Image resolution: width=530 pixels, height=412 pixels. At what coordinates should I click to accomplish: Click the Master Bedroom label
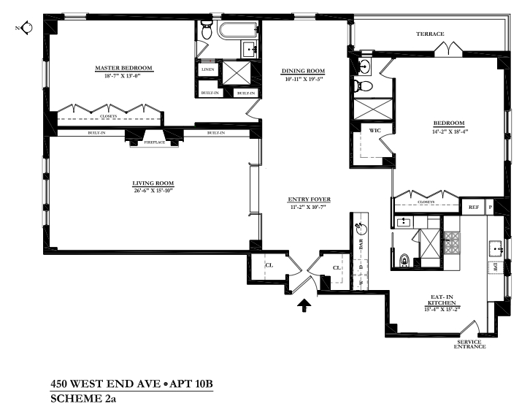click(x=123, y=68)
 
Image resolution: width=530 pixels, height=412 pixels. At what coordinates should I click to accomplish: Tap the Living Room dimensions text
click(x=153, y=191)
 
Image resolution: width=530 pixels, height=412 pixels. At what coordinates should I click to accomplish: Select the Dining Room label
click(x=303, y=71)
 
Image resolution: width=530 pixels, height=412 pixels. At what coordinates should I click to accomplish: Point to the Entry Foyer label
click(x=310, y=199)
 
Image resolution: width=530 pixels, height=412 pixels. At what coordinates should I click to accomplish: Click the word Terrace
click(x=430, y=34)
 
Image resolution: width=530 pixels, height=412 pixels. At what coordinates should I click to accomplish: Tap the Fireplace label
click(x=155, y=142)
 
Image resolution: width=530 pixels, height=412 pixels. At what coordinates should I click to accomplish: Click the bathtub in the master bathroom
click(x=238, y=31)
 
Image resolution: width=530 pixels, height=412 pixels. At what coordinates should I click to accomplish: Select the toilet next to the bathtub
click(x=206, y=29)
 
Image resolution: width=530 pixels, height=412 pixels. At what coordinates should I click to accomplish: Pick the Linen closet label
click(x=208, y=69)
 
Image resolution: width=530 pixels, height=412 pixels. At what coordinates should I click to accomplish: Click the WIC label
click(x=375, y=131)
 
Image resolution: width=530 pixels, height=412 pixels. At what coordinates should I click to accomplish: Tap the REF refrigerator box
click(x=474, y=207)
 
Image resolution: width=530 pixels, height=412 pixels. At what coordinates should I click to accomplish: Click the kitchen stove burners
click(x=452, y=243)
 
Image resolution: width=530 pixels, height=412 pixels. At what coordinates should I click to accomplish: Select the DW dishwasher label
click(x=496, y=268)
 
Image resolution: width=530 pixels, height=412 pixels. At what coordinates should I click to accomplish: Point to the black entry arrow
click(x=304, y=305)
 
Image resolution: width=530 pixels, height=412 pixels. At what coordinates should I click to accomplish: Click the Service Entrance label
click(x=469, y=344)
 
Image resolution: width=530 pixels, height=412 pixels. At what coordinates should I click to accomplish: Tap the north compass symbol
click(x=26, y=28)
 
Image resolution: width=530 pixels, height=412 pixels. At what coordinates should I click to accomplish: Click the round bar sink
click(x=361, y=229)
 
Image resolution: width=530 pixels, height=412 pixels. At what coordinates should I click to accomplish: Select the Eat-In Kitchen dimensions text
click(x=442, y=309)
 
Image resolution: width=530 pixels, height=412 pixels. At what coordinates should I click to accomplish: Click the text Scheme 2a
click(x=83, y=399)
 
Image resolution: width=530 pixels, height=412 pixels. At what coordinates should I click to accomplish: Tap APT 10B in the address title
click(x=191, y=384)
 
